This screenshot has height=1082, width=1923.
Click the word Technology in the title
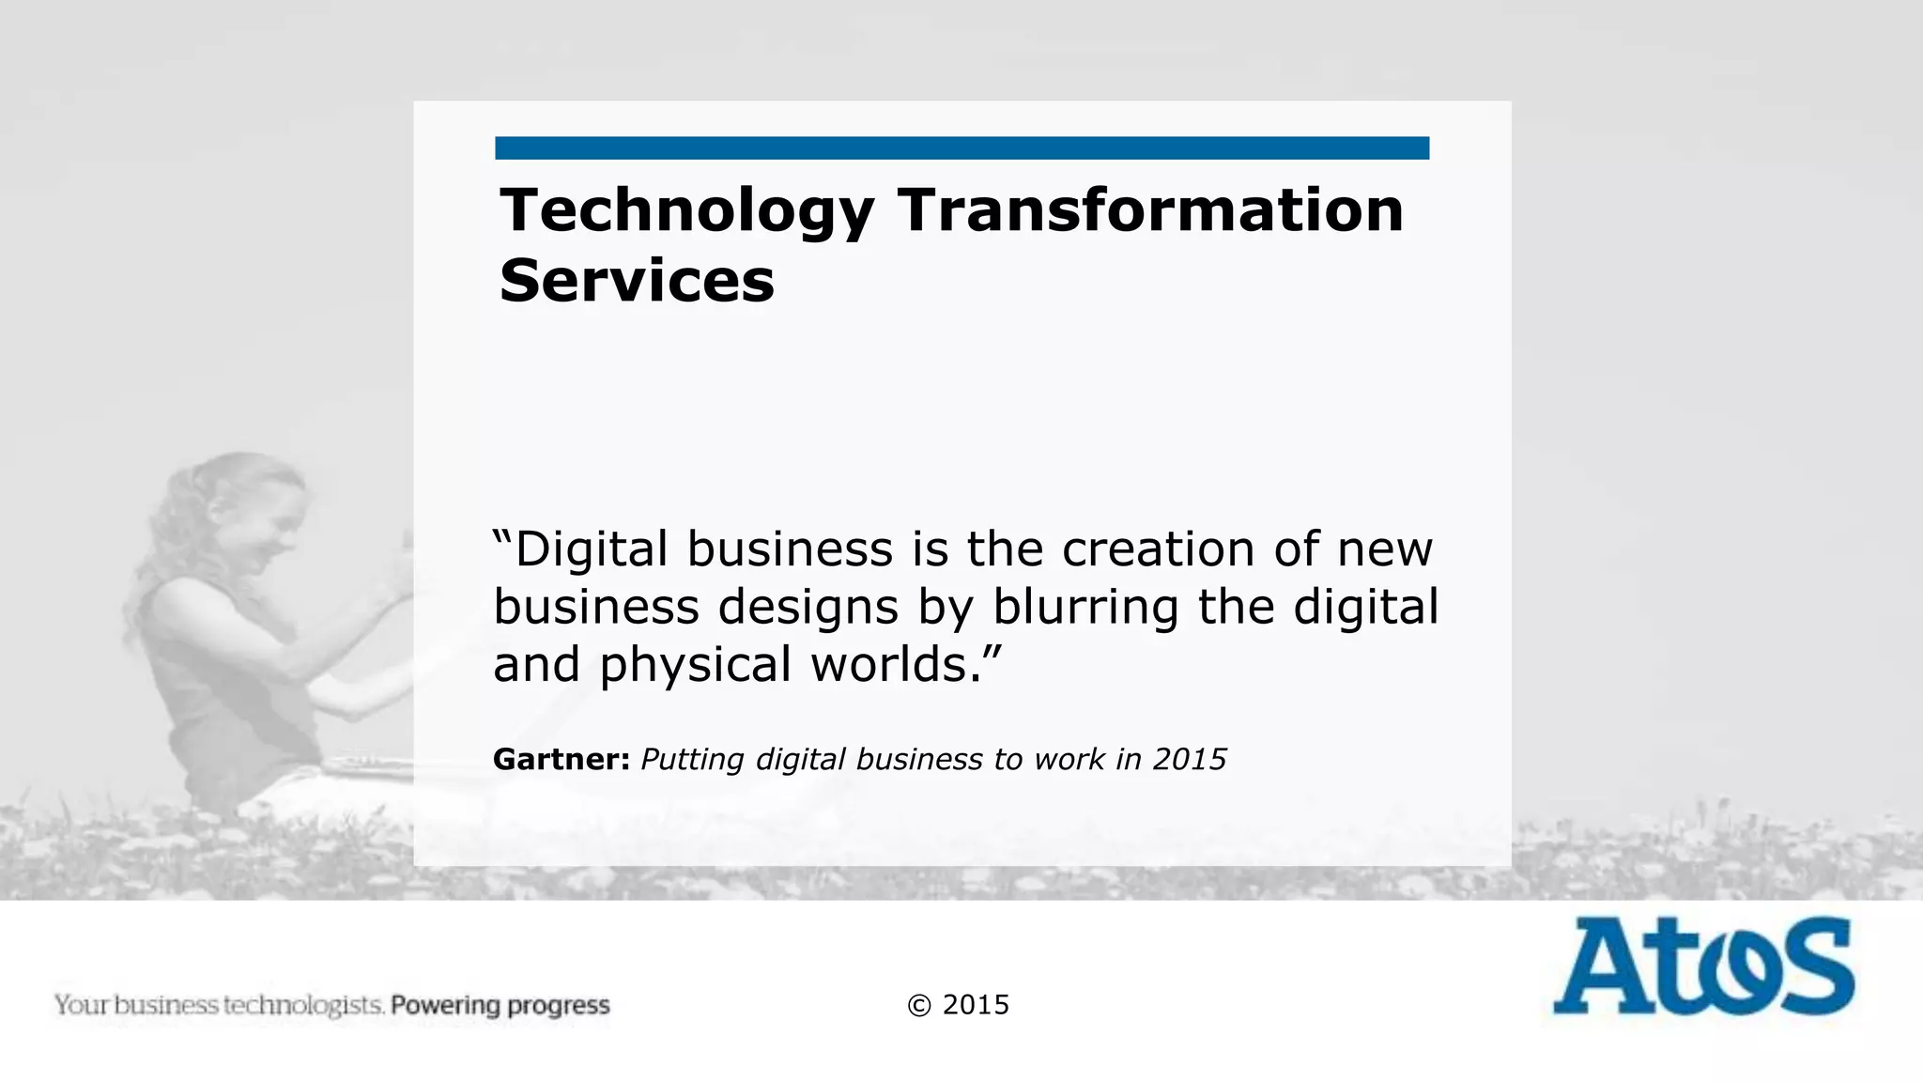pos(686,211)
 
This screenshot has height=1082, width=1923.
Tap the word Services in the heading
pos(637,281)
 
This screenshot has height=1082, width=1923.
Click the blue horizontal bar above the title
pos(961,148)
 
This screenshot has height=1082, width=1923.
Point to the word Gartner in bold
pos(561,759)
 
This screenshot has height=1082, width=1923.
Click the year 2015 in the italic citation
pos(1190,759)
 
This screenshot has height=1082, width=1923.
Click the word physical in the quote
pos(696,666)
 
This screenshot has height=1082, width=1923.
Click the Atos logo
pos(1702,966)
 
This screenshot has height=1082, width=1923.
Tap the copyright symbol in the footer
pos(919,1006)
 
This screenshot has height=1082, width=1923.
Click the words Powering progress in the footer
pos(500,1006)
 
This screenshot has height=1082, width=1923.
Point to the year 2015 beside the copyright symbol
pos(976,1005)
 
